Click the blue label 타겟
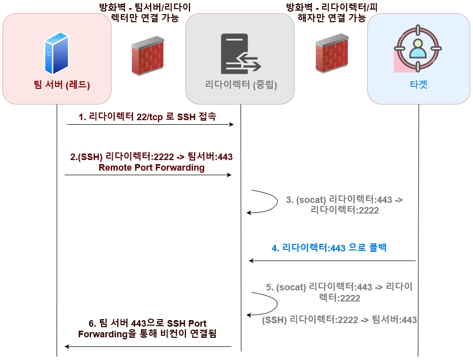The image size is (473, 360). [418, 84]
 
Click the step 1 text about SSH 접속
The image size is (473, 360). [147, 117]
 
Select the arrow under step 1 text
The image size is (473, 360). [150, 124]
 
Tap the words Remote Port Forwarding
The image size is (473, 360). [152, 168]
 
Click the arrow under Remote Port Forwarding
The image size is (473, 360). [148, 175]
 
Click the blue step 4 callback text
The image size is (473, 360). [329, 248]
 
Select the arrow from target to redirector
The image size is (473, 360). [332, 261]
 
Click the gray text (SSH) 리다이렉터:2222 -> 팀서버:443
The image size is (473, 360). [340, 319]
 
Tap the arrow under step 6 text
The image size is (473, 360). [148, 346]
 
